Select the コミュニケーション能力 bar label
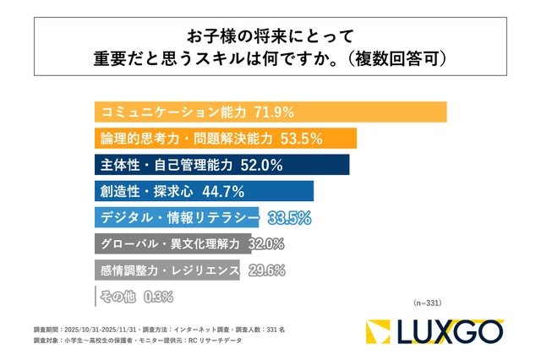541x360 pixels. point(172,112)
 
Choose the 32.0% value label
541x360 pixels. point(267,244)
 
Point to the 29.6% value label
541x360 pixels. point(265,270)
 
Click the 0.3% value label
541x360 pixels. point(159,297)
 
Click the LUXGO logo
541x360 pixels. point(434,332)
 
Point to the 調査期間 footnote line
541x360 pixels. point(152,327)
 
